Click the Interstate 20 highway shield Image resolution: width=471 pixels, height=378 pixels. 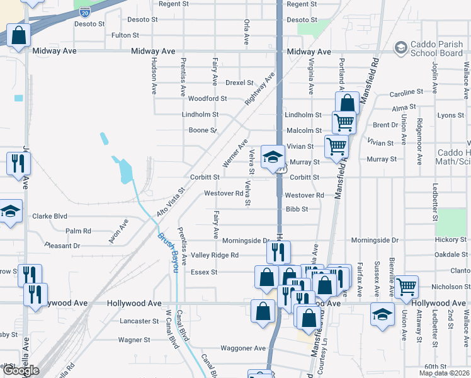click(x=85, y=12)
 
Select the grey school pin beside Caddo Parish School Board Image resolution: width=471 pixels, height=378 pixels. click(x=400, y=48)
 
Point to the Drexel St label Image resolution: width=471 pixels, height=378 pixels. click(x=239, y=83)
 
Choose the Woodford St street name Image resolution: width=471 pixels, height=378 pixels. click(x=207, y=98)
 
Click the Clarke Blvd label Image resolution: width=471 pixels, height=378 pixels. click(x=50, y=215)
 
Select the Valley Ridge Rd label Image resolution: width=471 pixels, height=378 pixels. click(x=215, y=255)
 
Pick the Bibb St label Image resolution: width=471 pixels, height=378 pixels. click(x=296, y=209)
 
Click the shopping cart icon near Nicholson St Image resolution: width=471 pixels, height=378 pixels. click(x=407, y=287)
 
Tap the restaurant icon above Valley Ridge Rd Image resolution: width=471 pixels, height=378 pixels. click(x=277, y=253)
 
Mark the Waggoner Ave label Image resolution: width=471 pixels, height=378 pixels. click(x=243, y=348)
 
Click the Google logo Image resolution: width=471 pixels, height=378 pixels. click(x=21, y=370)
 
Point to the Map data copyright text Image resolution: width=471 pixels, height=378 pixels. click(x=444, y=373)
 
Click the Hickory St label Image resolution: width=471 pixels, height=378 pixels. click(x=450, y=240)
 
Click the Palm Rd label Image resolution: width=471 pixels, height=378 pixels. click(x=78, y=231)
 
